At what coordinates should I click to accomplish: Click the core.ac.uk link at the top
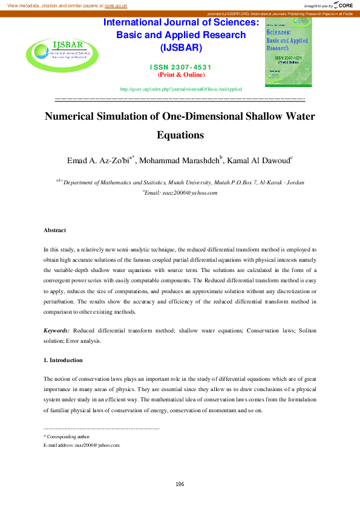[x=116, y=5]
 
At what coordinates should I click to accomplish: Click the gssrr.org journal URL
[x=182, y=89]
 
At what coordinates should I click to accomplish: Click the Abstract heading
[x=54, y=230]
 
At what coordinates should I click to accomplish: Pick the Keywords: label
[x=57, y=331]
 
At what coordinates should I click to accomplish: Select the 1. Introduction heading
[x=63, y=360]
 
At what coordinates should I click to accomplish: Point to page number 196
[x=180, y=484]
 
